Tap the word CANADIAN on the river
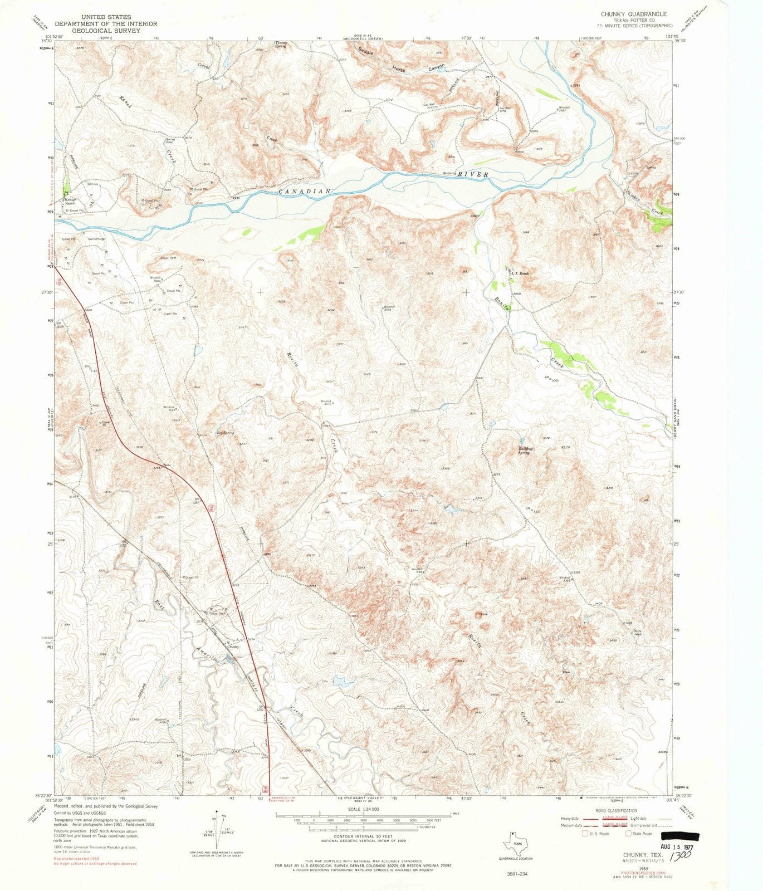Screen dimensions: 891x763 coord(305,191)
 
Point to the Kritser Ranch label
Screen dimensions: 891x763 coord(71,202)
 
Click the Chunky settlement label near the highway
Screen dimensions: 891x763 coord(233,646)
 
